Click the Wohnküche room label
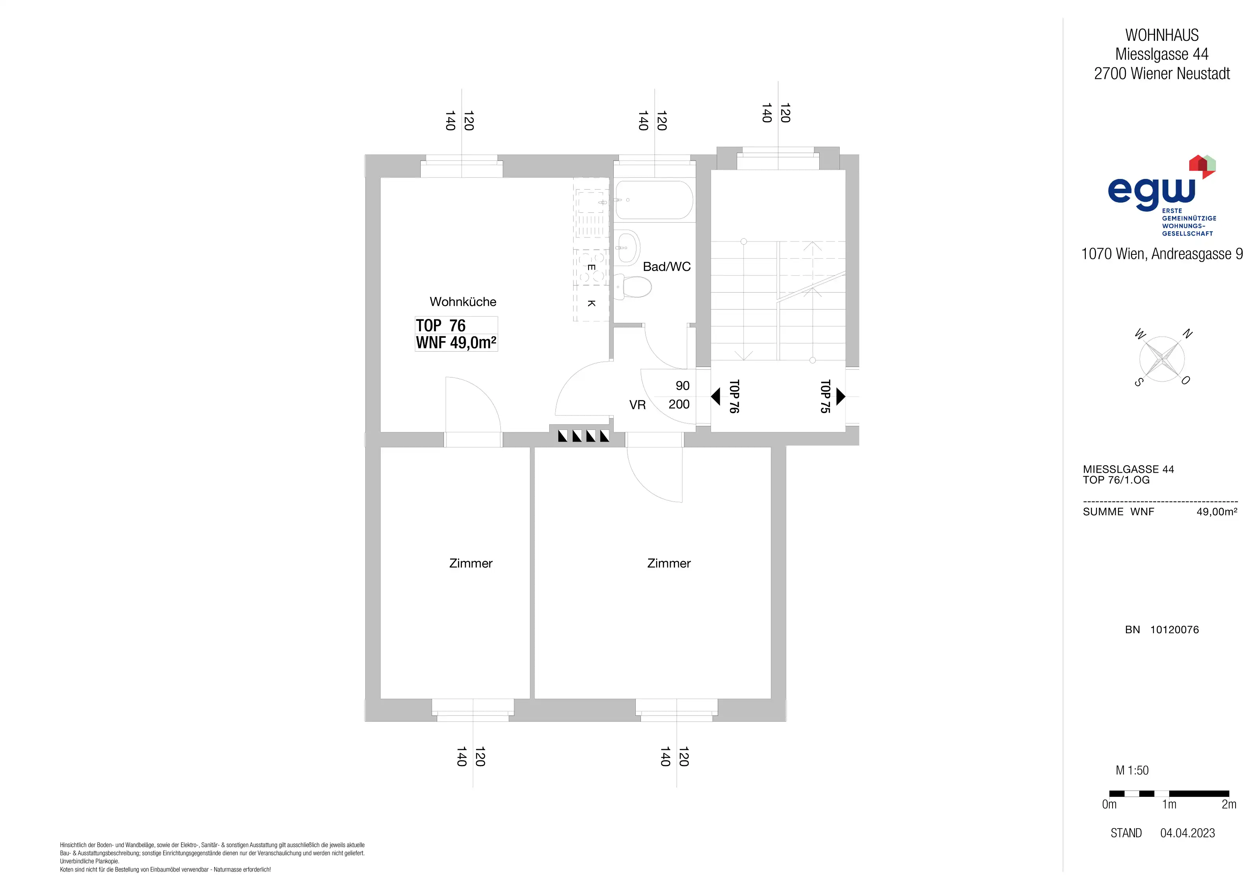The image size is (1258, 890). pyautogui.click(x=463, y=302)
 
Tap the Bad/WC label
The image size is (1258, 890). pyautogui.click(x=667, y=267)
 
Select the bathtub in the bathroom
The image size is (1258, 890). pyautogui.click(x=654, y=200)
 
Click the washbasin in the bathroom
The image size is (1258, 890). pyautogui.click(x=628, y=248)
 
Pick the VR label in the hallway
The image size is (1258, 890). pyautogui.click(x=637, y=405)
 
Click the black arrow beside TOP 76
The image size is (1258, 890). pyautogui.click(x=715, y=396)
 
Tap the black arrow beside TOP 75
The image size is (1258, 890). pyautogui.click(x=841, y=396)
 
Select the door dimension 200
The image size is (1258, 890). pyautogui.click(x=679, y=404)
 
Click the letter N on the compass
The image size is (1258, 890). pyautogui.click(x=1187, y=334)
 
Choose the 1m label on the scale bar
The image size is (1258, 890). pyautogui.click(x=1169, y=805)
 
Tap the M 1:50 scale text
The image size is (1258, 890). pyautogui.click(x=1132, y=770)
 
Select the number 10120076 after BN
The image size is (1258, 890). pyautogui.click(x=1174, y=630)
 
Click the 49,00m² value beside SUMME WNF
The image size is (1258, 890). pyautogui.click(x=1216, y=512)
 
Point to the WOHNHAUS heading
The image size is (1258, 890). pyautogui.click(x=1162, y=35)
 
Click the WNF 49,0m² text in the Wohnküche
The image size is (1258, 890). pyautogui.click(x=456, y=343)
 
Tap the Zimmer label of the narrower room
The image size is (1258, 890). pyautogui.click(x=471, y=563)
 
